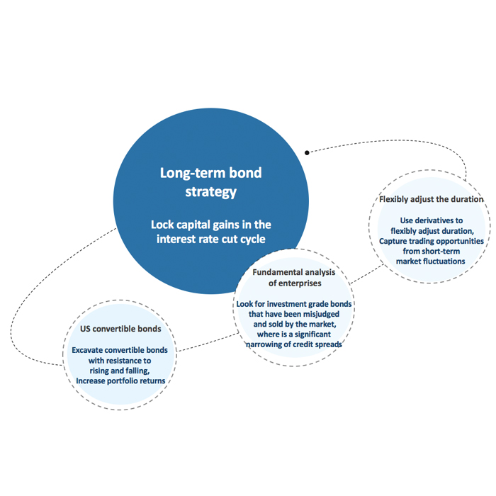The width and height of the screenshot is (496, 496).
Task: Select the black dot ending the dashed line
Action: (x=307, y=152)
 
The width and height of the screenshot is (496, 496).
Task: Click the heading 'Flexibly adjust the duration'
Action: (x=432, y=199)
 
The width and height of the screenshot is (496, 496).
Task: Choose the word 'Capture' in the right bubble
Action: (x=395, y=241)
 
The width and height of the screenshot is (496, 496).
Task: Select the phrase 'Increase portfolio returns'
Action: (x=120, y=381)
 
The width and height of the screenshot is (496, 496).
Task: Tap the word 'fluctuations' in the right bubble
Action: (x=445, y=261)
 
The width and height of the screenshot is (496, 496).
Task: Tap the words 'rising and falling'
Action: (x=119, y=371)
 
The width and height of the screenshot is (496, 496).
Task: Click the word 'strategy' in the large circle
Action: (x=210, y=191)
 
